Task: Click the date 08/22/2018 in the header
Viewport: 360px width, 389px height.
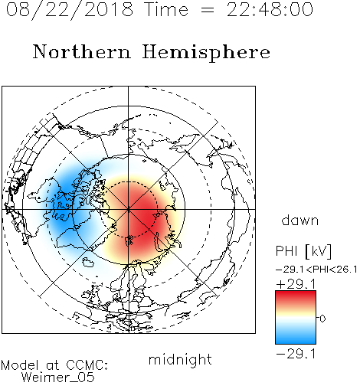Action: tap(70, 10)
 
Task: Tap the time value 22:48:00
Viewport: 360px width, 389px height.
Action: tap(270, 9)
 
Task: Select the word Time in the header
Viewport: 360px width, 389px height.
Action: tap(166, 9)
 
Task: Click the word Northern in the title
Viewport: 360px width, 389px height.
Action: tap(82, 52)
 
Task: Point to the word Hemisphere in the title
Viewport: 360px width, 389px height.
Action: tap(206, 53)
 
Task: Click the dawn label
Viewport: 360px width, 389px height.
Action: tap(300, 220)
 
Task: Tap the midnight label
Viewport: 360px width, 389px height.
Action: tap(180, 359)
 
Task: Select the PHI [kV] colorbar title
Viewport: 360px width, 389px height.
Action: tap(303, 251)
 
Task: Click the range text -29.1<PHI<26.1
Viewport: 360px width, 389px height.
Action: tap(316, 270)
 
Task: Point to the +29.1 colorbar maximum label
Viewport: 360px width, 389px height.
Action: tap(296, 284)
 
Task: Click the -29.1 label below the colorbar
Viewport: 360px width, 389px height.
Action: tap(296, 354)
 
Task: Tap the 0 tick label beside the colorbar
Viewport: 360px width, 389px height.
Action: tap(322, 319)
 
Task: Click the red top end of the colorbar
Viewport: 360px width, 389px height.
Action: tap(296, 293)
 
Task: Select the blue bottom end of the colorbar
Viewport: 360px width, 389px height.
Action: tap(296, 341)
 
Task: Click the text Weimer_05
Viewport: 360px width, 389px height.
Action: tap(58, 378)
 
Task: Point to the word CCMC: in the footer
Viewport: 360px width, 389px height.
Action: tap(87, 365)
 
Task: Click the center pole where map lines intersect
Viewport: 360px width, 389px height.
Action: tap(129, 209)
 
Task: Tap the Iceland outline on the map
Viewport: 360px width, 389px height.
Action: tap(88, 262)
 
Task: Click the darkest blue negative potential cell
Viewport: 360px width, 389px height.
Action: tap(63, 201)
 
